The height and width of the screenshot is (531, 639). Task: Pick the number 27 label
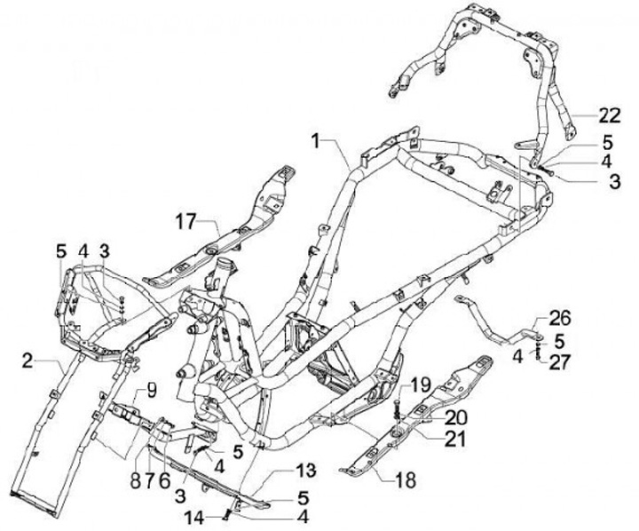559,361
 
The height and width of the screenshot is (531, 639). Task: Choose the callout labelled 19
422,384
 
